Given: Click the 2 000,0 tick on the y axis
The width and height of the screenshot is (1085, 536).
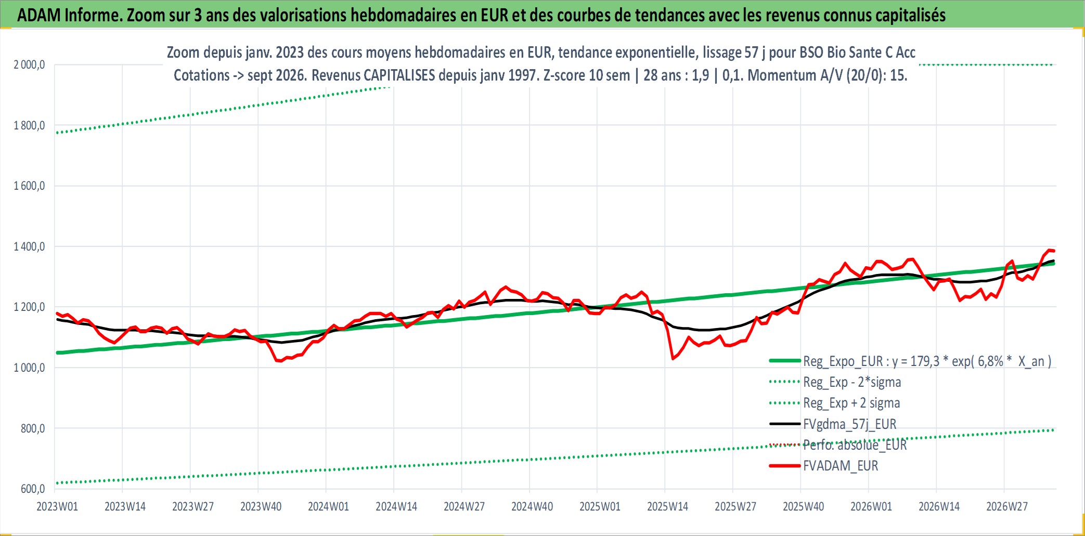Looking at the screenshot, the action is pyautogui.click(x=29, y=65).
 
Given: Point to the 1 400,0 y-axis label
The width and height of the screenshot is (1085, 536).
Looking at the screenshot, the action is pyautogui.click(x=29, y=247).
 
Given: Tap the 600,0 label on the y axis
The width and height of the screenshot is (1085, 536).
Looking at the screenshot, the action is pyautogui.click(x=33, y=489).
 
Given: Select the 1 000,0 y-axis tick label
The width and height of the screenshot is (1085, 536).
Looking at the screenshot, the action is pyautogui.click(x=29, y=368).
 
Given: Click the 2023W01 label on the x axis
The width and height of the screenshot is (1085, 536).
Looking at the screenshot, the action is pyautogui.click(x=57, y=507).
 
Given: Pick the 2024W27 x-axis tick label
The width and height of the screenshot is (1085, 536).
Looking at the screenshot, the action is pyautogui.click(x=464, y=507).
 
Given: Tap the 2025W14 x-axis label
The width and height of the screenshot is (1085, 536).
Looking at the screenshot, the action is pyautogui.click(x=667, y=507).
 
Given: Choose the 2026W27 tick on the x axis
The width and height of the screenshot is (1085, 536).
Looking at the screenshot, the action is pyautogui.click(x=1007, y=507).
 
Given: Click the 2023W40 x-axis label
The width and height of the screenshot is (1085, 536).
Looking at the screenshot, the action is pyautogui.click(x=261, y=507).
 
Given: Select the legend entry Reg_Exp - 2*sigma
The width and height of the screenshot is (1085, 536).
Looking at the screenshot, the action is pyautogui.click(x=852, y=383).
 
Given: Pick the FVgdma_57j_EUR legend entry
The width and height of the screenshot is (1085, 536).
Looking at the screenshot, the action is pyautogui.click(x=850, y=425).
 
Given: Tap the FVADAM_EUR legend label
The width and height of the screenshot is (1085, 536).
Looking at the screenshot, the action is pyautogui.click(x=841, y=466).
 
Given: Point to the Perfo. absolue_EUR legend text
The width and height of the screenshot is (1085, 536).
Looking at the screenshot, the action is pyautogui.click(x=855, y=446).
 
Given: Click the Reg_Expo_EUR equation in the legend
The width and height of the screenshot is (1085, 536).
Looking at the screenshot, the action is pyautogui.click(x=927, y=361).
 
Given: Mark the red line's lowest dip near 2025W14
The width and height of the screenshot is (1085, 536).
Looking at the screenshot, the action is pyautogui.click(x=673, y=359).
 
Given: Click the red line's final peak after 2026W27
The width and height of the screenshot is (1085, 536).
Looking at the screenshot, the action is pyautogui.click(x=1050, y=250).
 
